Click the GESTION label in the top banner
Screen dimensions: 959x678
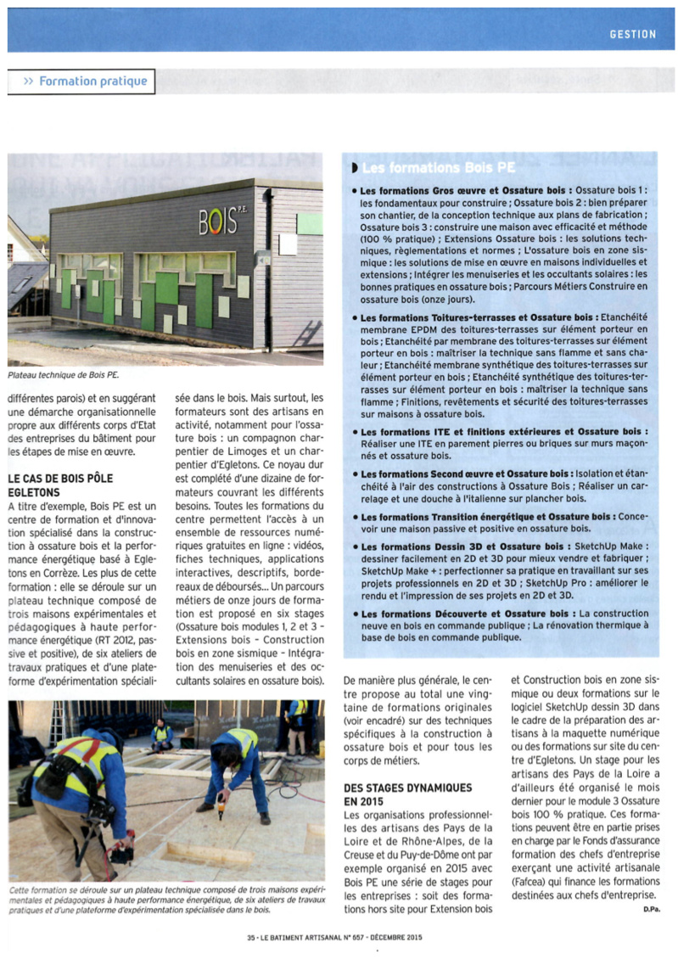633,34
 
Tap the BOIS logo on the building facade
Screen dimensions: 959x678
218,222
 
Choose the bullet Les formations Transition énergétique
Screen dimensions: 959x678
441,516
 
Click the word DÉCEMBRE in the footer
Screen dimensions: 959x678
397,939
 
